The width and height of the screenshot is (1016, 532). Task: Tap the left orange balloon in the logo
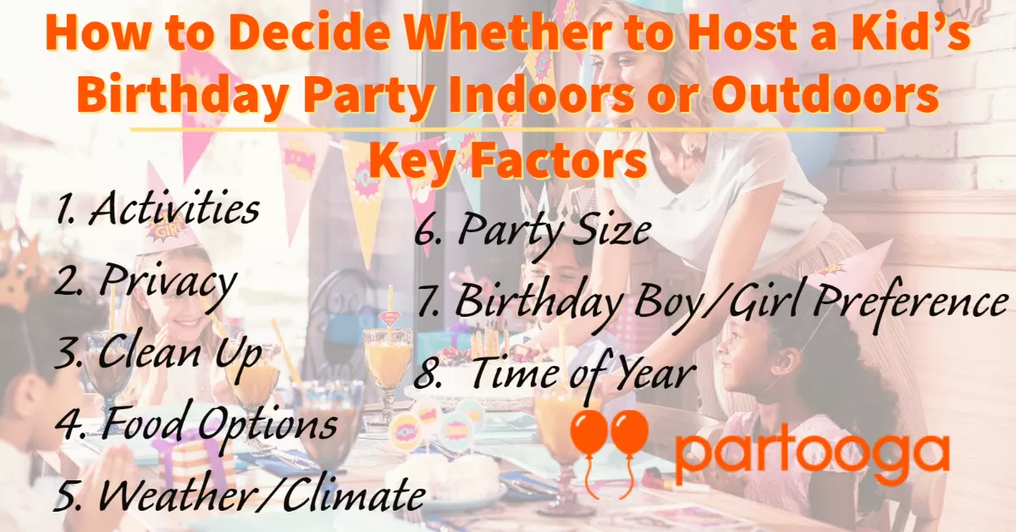click(588, 435)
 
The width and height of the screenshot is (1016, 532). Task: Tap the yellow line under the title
click(508, 130)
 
